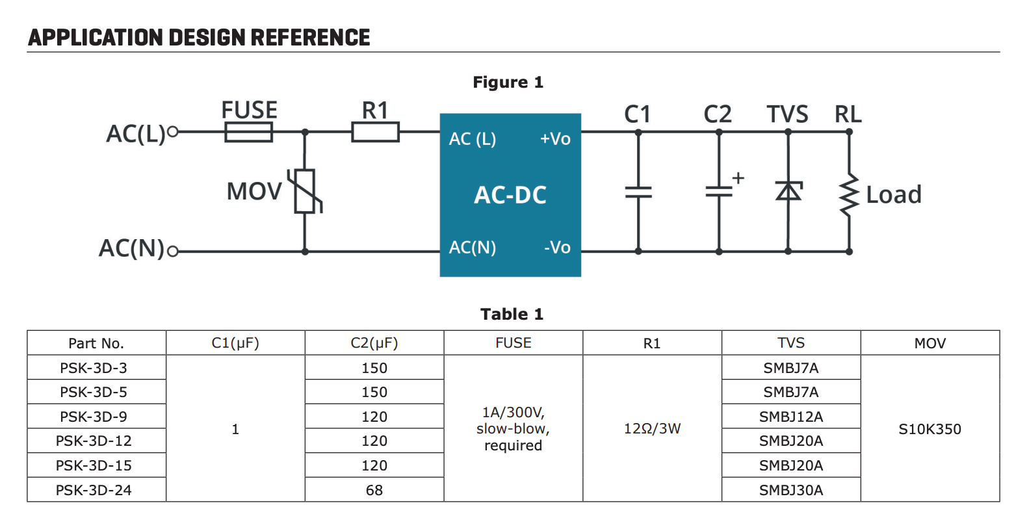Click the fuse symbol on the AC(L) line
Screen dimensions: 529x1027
click(x=248, y=133)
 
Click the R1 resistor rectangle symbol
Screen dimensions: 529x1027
click(x=375, y=133)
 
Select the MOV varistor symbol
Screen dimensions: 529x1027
click(x=305, y=191)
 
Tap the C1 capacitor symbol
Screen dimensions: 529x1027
click(x=638, y=192)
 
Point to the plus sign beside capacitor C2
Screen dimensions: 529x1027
click(x=738, y=177)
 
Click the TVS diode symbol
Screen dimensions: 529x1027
click(x=788, y=191)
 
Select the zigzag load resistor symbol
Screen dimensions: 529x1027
click(x=849, y=194)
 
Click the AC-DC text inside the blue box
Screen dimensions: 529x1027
click(x=510, y=195)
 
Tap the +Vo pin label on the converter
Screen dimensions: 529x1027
click(x=555, y=139)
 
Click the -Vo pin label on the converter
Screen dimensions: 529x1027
click(x=557, y=248)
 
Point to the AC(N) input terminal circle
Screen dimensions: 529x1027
click(x=172, y=252)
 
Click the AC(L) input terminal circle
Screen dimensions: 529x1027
click(x=172, y=132)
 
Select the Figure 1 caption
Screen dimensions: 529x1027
click(x=508, y=83)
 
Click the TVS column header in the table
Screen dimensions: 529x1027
click(x=791, y=343)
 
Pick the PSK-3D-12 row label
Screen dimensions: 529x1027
click(x=94, y=441)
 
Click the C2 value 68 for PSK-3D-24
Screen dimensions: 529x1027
click(x=374, y=491)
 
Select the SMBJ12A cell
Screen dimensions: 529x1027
click(x=791, y=417)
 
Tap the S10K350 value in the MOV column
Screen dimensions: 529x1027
click(x=929, y=429)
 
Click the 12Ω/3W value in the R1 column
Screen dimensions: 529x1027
click(x=652, y=429)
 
